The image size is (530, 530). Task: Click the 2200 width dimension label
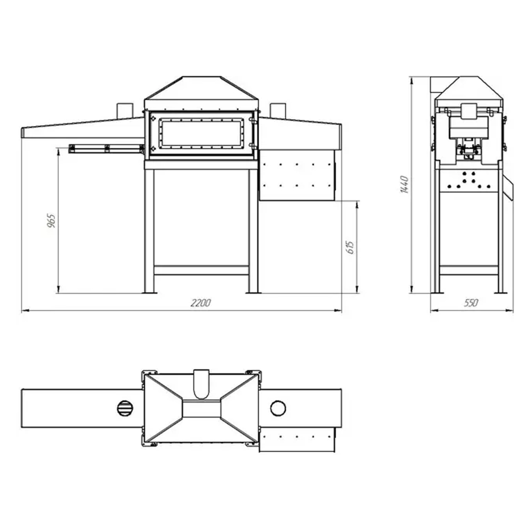(201, 303)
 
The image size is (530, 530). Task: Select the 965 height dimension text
(51, 220)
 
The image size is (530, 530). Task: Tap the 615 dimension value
(349, 247)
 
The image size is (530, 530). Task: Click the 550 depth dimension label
(471, 303)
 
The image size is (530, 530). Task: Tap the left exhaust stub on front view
(125, 110)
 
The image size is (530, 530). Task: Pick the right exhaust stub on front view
(278, 110)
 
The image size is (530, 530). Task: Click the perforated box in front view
(297, 174)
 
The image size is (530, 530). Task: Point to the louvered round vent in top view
(126, 408)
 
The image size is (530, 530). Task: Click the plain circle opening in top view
(278, 408)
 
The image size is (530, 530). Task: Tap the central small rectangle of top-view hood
(201, 408)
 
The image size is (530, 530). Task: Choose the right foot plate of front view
(253, 291)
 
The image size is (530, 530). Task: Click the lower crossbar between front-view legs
(201, 270)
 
